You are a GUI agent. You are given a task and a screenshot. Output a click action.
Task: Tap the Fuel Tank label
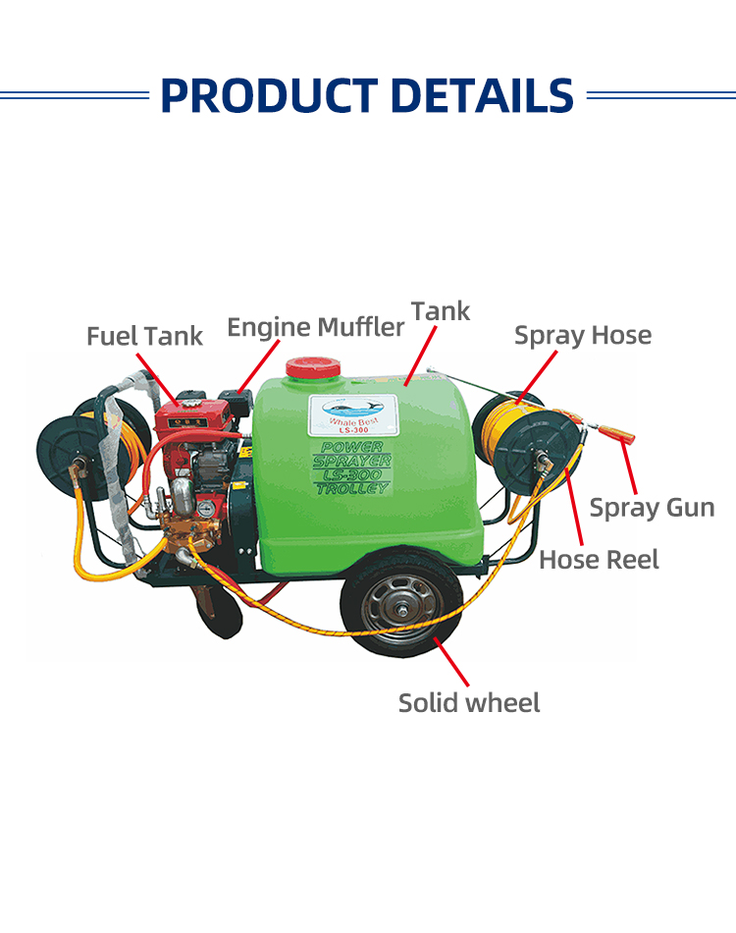(144, 336)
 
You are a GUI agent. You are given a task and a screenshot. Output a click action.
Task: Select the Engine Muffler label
(315, 326)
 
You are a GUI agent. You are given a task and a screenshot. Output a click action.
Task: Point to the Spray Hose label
(583, 335)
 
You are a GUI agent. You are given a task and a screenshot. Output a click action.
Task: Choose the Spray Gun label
(652, 508)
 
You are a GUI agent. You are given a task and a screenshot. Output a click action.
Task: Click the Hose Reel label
(599, 560)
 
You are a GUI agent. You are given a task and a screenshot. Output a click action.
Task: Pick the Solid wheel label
(469, 703)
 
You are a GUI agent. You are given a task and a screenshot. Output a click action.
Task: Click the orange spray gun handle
(616, 433)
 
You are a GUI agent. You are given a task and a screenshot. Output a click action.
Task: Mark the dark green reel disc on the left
(70, 453)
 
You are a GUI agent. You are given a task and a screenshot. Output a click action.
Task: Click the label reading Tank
(441, 311)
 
